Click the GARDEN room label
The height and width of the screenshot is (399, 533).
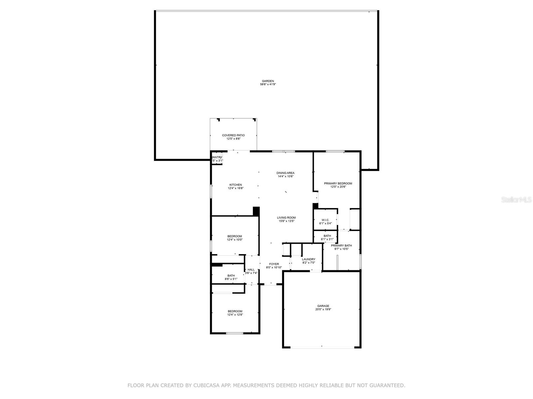point(268,81)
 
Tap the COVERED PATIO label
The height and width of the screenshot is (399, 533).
point(233,135)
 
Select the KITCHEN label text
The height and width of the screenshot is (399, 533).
point(236,185)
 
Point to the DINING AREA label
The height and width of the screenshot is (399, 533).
point(285,173)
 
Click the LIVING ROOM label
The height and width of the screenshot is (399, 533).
point(286,218)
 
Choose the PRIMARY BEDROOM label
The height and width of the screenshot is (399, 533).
point(338,184)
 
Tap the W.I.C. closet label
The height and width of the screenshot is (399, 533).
point(325,220)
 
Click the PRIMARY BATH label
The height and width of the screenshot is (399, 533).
point(341,246)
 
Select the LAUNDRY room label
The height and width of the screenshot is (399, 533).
point(308,259)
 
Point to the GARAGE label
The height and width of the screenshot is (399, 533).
point(323,306)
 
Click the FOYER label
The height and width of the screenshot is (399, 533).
point(274,264)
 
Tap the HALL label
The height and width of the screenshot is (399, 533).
point(251,270)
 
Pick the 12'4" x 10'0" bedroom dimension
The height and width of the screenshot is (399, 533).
point(235,240)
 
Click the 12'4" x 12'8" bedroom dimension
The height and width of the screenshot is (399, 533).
point(235,315)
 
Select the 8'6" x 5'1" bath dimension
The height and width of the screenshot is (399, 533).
point(231,279)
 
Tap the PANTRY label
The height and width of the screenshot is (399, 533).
point(217,157)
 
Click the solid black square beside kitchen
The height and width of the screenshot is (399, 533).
point(256,211)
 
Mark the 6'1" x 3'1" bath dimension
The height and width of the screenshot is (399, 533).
point(327,239)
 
